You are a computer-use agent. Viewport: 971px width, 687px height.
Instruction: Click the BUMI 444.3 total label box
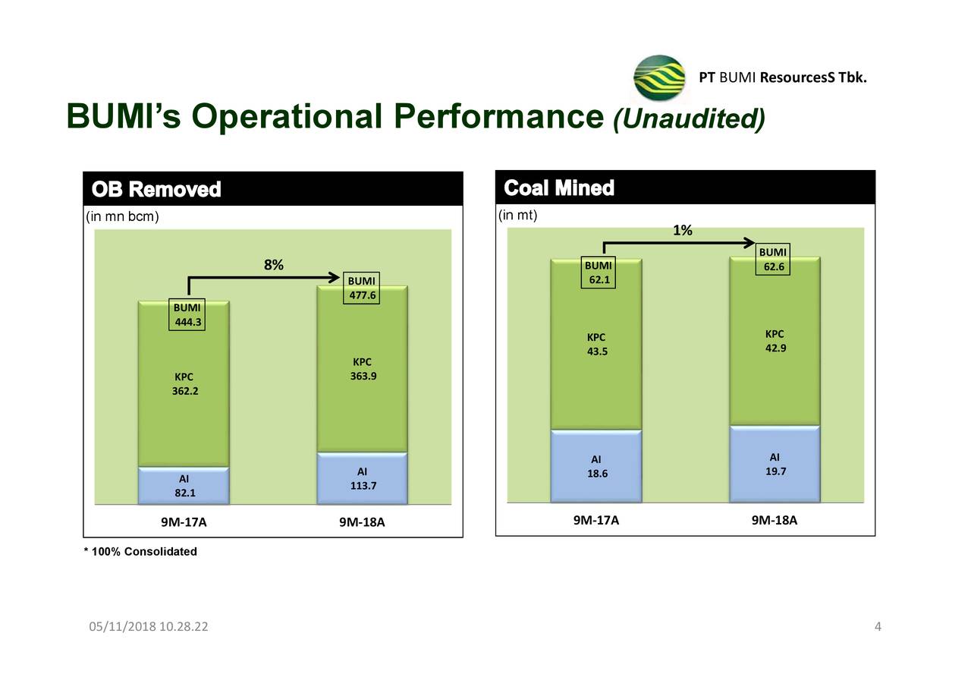[187, 315]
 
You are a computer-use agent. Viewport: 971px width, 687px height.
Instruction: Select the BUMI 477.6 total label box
[362, 288]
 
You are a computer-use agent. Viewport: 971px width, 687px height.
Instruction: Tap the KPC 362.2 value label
[184, 384]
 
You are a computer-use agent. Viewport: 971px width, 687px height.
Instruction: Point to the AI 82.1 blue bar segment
[184, 486]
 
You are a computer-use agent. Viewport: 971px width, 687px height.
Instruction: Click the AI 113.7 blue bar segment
[362, 478]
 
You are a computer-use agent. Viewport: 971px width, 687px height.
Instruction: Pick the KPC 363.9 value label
[362, 369]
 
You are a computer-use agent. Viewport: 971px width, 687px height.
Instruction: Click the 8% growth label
[274, 265]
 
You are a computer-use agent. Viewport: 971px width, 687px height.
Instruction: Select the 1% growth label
[683, 231]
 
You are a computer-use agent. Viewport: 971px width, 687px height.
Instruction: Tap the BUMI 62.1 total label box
[598, 273]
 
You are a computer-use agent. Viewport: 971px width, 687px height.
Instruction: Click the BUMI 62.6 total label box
[773, 260]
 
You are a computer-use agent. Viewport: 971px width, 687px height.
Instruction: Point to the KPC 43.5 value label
[596, 344]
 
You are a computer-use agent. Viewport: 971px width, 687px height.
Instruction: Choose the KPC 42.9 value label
[775, 341]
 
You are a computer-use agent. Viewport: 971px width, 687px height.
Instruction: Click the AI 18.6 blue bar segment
[596, 466]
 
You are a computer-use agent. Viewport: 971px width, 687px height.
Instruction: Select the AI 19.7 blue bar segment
[775, 464]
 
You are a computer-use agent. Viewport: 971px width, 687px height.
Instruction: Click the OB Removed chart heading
[156, 189]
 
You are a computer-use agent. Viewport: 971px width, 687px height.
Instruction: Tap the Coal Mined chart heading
[559, 188]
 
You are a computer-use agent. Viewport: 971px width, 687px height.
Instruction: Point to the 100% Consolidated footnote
[140, 551]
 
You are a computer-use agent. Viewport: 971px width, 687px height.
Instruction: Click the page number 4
[878, 626]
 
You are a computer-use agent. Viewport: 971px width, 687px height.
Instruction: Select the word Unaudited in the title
[689, 118]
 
